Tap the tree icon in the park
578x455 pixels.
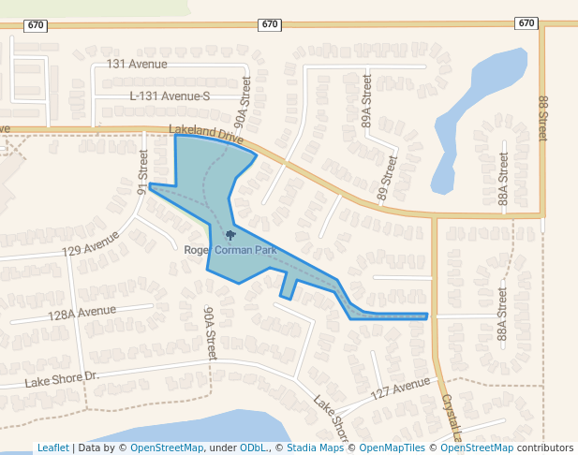231,235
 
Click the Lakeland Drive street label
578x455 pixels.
205,134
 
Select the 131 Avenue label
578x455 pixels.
137,64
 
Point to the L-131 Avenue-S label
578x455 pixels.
170,96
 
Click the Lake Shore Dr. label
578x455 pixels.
62,379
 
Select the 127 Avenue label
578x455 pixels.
399,390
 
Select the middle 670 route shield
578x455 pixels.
270,23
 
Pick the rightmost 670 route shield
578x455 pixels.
526,23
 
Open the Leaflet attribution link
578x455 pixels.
52,448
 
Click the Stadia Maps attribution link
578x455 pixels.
315,448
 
